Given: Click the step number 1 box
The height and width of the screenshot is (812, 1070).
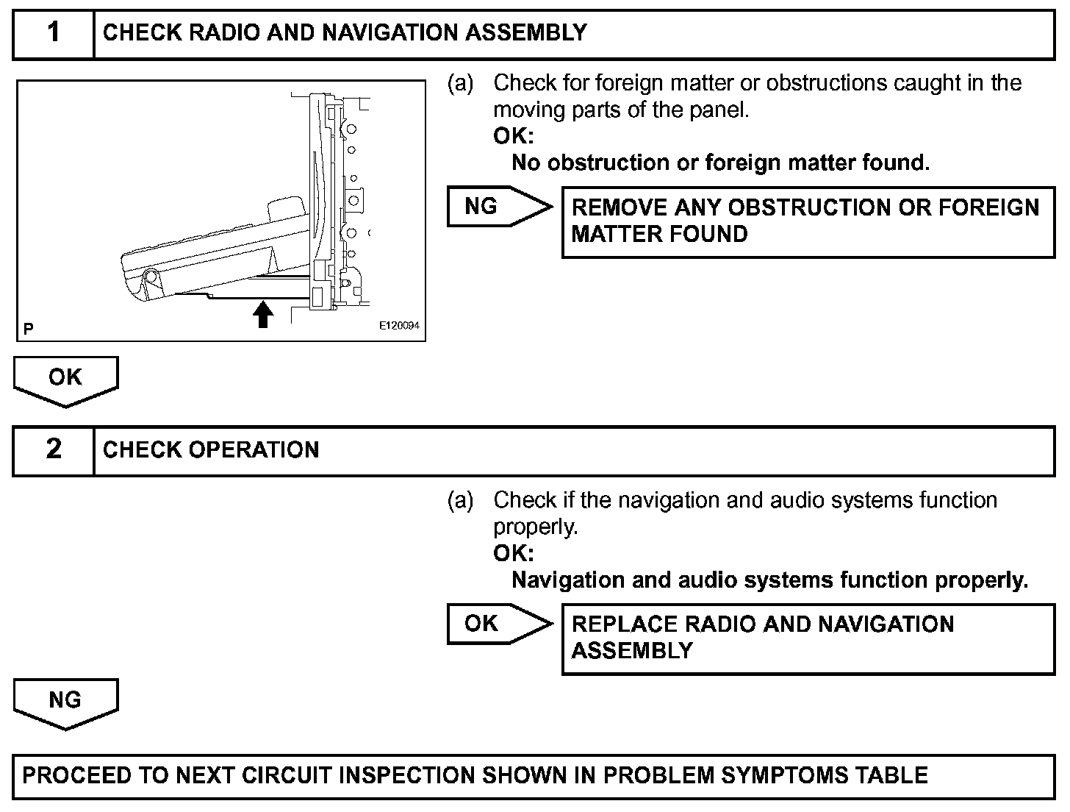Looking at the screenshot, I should (54, 34).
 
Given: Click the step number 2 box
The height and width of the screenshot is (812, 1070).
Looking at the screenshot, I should (54, 450).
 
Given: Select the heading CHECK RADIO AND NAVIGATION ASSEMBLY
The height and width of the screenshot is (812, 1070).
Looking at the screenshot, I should (345, 33).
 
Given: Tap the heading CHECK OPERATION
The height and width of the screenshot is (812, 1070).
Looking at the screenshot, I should (211, 450).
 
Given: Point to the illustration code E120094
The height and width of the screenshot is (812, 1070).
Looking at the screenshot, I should (399, 325).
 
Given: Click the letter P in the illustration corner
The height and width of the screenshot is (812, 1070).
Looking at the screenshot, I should (28, 329).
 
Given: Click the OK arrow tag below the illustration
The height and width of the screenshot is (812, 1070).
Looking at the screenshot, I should (65, 378).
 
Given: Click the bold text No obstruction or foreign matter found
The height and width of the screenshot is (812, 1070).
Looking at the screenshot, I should (720, 163).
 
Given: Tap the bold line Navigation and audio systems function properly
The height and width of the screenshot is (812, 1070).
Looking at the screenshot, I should (769, 580).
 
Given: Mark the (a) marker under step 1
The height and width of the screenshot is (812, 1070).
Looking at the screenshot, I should (461, 84).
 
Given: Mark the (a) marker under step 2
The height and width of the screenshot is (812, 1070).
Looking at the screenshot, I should (461, 501).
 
